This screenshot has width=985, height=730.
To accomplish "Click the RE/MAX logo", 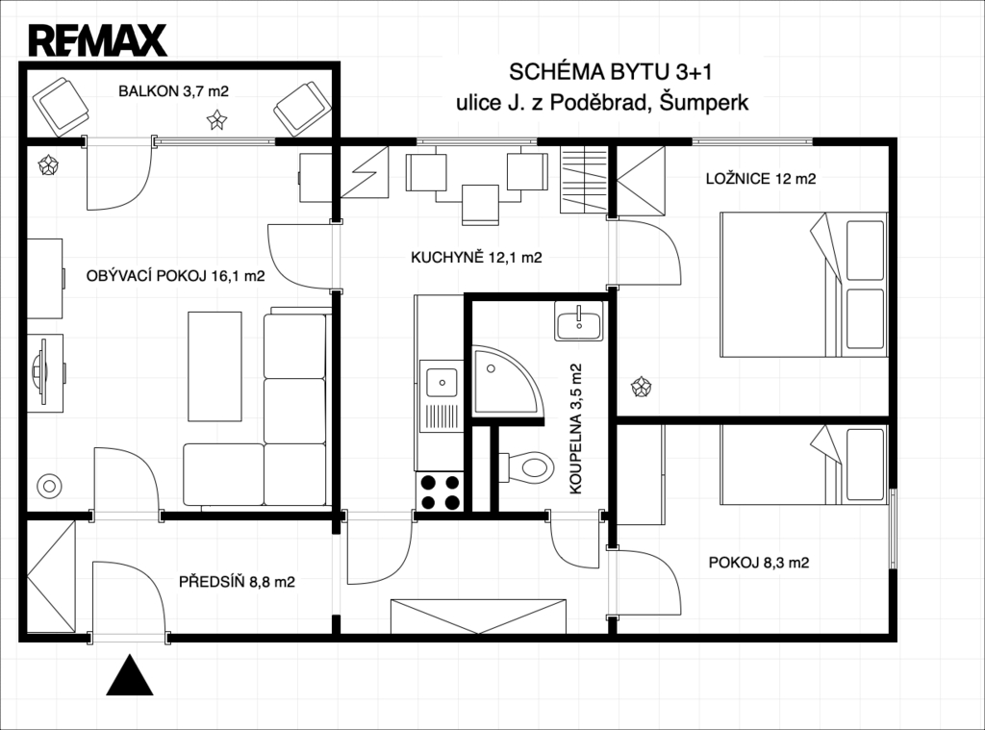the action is pyautogui.click(x=98, y=40).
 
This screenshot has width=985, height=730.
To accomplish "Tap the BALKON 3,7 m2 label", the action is pyautogui.click(x=173, y=91).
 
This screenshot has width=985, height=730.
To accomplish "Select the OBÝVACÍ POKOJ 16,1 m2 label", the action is pyautogui.click(x=175, y=276).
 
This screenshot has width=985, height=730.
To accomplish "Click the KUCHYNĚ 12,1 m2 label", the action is pyautogui.click(x=476, y=257).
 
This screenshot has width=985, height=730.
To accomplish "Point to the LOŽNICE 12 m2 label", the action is pyautogui.click(x=761, y=179).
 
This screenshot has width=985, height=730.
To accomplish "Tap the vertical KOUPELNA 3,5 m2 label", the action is pyautogui.click(x=576, y=429).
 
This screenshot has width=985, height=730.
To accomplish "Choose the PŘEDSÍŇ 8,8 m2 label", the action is pyautogui.click(x=237, y=582).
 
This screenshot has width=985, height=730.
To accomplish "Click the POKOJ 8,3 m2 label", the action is pyautogui.click(x=759, y=563).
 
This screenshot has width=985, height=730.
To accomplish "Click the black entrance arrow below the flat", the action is pyautogui.click(x=130, y=675).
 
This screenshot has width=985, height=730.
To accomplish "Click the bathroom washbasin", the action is pyautogui.click(x=578, y=321).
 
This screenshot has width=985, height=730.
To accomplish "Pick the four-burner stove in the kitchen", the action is pyautogui.click(x=441, y=492).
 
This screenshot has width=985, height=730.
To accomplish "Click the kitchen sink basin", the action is pyautogui.click(x=442, y=382).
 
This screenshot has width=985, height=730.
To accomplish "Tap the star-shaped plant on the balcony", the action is pyautogui.click(x=216, y=119).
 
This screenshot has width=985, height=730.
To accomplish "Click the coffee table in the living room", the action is pyautogui.click(x=215, y=366).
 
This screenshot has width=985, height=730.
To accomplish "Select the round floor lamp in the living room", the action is pyautogui.click(x=50, y=486).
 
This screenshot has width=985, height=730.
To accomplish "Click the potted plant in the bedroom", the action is pyautogui.click(x=642, y=387).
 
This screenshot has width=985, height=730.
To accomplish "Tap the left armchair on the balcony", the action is pyautogui.click(x=61, y=106).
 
